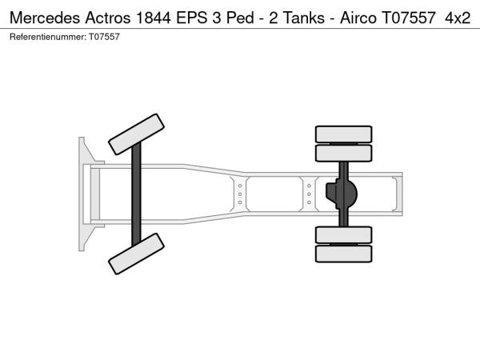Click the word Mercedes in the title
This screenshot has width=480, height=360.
click(x=45, y=18)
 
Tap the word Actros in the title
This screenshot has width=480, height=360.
click(x=108, y=18)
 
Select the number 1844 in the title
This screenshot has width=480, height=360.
click(x=153, y=18)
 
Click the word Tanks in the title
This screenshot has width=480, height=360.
click(x=304, y=18)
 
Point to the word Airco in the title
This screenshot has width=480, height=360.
click(x=358, y=18)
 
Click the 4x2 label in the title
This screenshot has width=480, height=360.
click(x=458, y=18)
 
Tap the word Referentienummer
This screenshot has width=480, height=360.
click(x=48, y=37)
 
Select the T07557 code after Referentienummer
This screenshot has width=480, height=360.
click(x=104, y=37)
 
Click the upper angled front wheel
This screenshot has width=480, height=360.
click(x=136, y=134)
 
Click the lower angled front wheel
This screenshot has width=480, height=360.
click(x=136, y=254)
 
